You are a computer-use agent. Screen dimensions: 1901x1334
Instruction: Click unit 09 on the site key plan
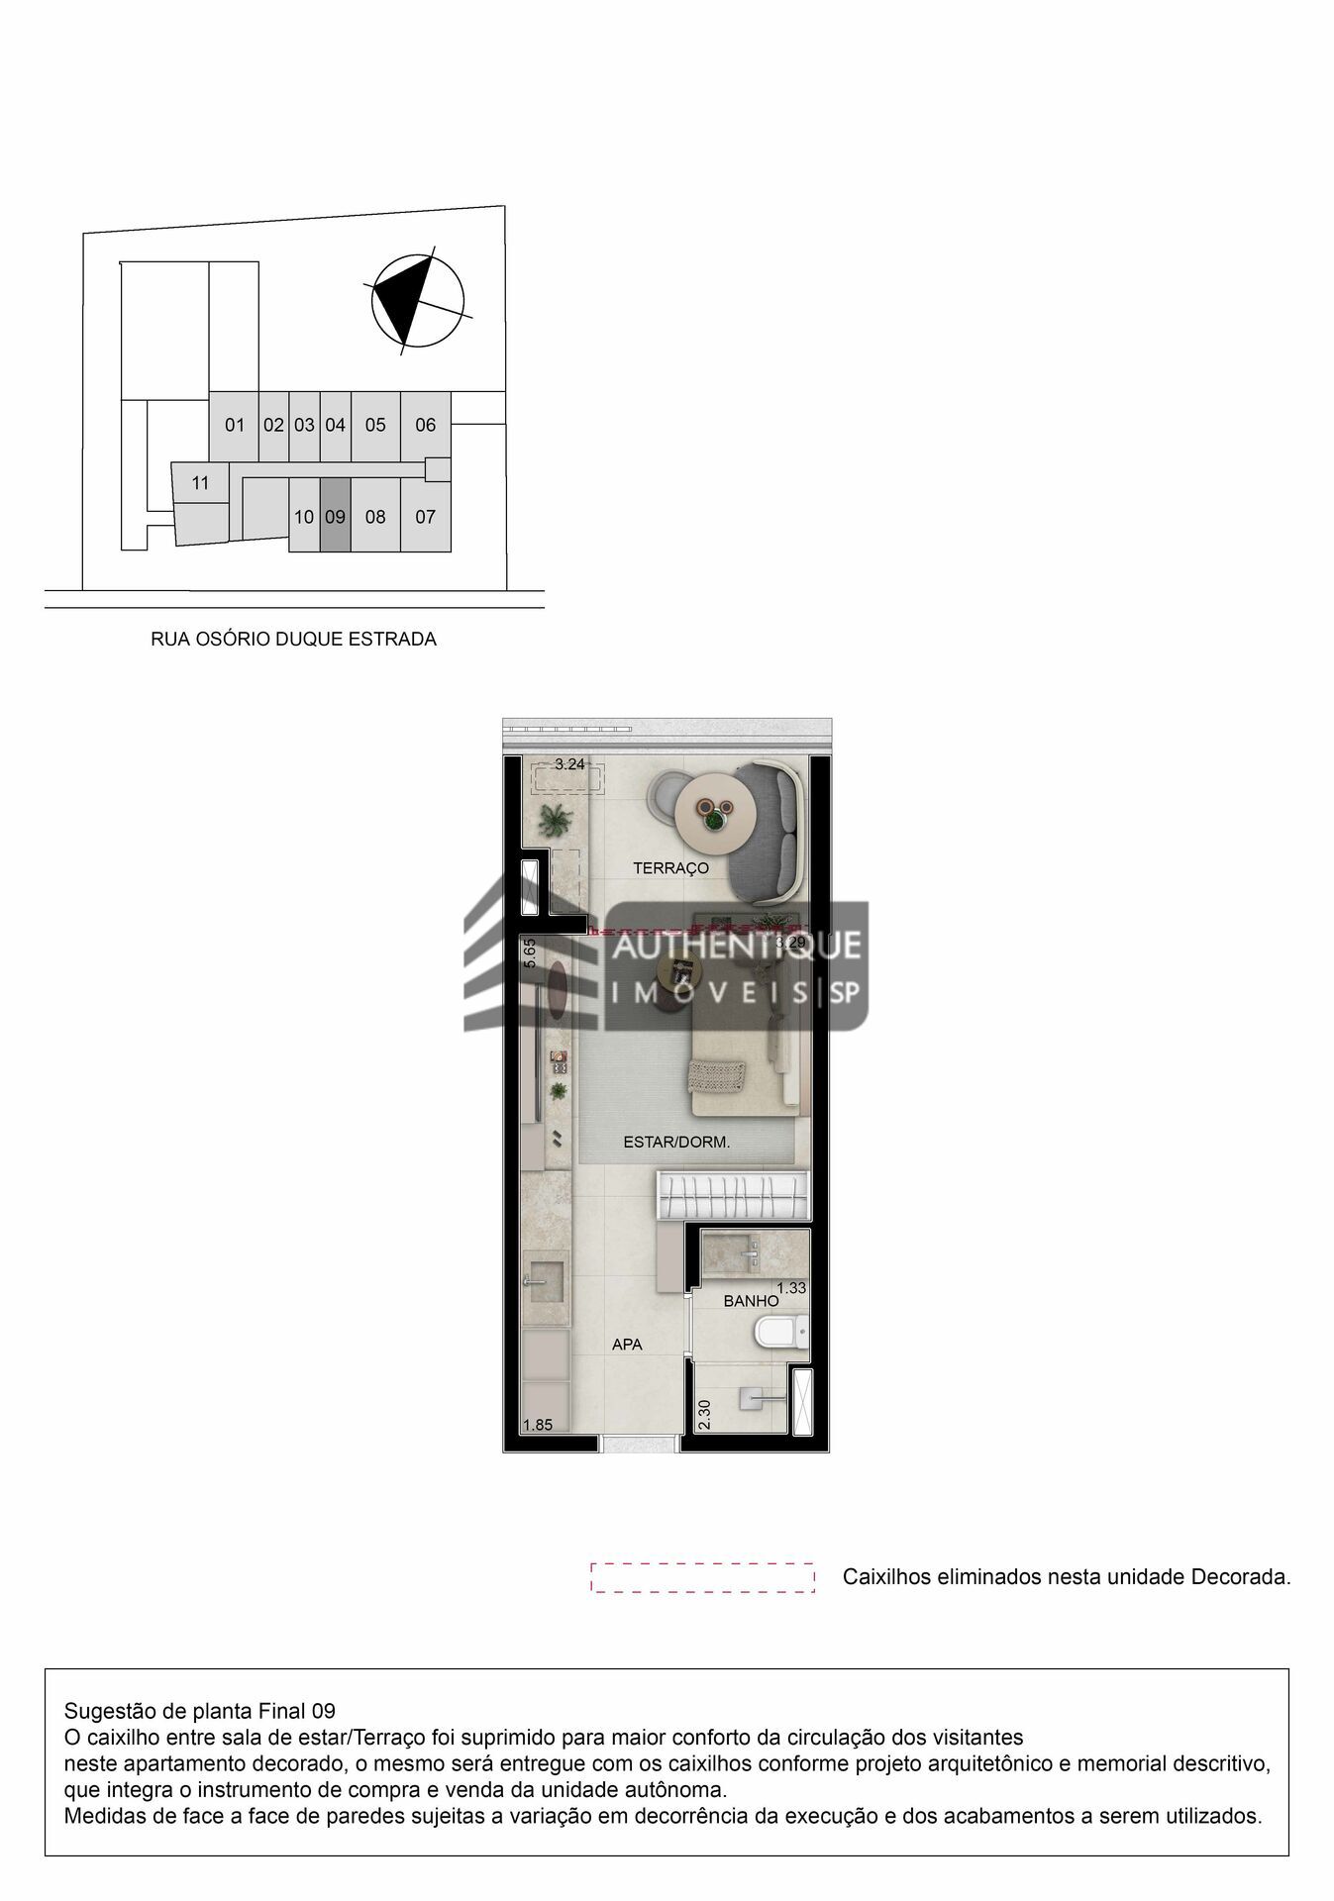(335, 516)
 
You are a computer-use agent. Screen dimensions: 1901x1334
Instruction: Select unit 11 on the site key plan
(201, 483)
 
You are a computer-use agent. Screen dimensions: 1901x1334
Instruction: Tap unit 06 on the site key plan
(425, 425)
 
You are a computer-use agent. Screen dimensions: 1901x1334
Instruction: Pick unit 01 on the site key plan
(235, 425)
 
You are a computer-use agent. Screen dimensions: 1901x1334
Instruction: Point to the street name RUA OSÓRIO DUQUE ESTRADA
(293, 640)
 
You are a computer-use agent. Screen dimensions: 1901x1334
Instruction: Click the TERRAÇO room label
(670, 868)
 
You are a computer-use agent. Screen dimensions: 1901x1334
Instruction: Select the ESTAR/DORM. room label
(676, 1142)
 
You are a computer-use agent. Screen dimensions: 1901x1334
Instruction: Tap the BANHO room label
(751, 1301)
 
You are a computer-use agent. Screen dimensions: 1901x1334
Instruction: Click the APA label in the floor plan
(627, 1345)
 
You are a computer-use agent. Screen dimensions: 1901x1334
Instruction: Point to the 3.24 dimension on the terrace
(569, 764)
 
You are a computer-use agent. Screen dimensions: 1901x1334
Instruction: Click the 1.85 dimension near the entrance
(538, 1425)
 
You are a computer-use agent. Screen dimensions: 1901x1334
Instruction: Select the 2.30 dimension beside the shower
(704, 1414)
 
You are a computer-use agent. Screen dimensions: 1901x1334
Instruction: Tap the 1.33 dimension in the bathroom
(791, 1287)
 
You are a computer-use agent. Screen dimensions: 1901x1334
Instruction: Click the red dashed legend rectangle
(702, 1577)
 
